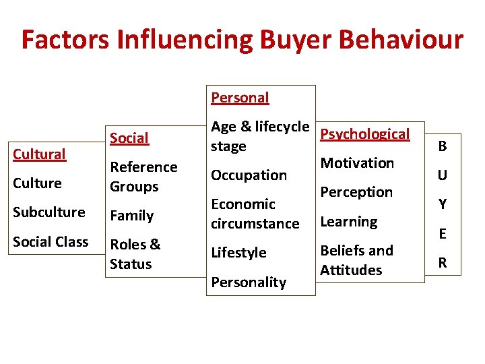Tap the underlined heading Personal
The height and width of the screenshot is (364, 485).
240,98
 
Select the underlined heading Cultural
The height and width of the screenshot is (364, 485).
40,154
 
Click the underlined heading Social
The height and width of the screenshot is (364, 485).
129,138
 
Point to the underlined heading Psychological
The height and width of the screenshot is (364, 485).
364,134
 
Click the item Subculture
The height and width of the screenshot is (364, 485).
49,212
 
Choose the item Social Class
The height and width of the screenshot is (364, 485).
51,241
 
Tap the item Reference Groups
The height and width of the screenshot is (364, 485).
143,177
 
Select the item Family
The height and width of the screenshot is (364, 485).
131,216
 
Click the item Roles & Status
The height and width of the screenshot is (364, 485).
135,254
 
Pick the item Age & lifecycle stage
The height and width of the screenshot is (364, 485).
259,136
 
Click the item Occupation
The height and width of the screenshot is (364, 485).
249,175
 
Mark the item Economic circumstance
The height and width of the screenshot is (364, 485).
255,214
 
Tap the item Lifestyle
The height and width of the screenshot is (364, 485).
238,253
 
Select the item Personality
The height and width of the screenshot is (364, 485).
248,282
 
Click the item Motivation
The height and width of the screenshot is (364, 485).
357,163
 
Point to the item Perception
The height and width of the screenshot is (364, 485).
356,192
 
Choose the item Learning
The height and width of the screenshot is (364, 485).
348,222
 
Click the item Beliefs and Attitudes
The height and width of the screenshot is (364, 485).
356,260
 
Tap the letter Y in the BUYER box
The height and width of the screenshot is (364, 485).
443,204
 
